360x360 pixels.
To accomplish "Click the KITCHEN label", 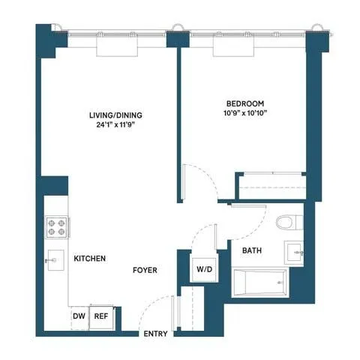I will (89, 259).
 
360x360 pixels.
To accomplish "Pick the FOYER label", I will (145, 270).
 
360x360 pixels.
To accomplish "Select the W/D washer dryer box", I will (203, 268).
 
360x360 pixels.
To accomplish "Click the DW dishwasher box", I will (79, 316).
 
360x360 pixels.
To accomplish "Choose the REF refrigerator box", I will (100, 316).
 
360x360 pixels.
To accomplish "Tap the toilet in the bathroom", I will (286, 222).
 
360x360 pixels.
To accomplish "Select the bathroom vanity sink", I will (294, 253).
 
